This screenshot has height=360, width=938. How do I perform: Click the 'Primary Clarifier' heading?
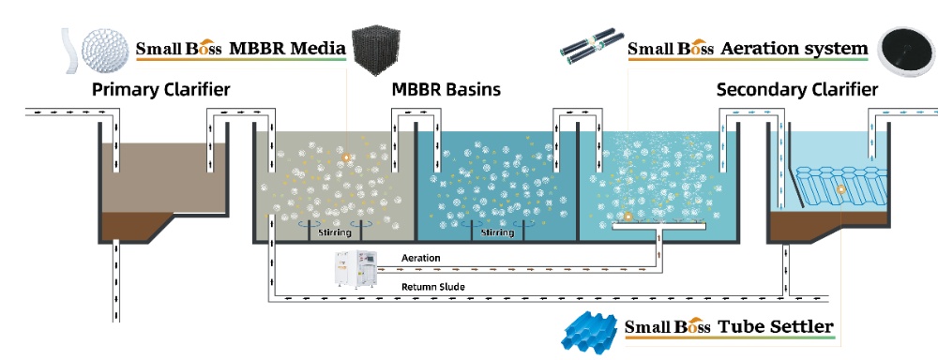tap(160, 90)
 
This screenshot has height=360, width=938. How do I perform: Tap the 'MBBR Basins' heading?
tap(446, 90)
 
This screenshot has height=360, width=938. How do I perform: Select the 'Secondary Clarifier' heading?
tap(797, 90)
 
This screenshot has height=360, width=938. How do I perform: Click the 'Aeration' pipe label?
tap(421, 257)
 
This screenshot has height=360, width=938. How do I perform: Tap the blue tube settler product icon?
tap(588, 329)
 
